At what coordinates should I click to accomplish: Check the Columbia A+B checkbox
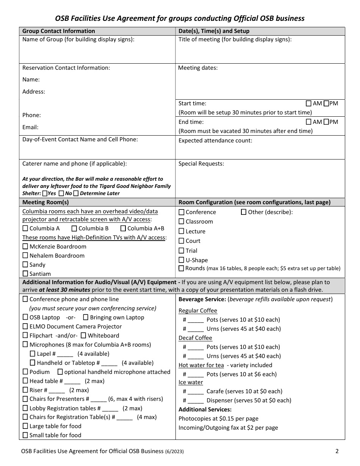tap(123, 228)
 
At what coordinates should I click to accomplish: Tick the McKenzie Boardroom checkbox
tap(25, 247)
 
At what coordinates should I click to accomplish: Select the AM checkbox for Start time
tap(308, 103)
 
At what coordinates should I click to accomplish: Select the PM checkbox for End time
tap(326, 122)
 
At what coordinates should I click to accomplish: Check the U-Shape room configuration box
tap(182, 260)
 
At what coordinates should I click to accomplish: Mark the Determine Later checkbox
tap(76, 193)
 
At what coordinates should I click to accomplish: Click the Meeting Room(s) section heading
tap(45, 202)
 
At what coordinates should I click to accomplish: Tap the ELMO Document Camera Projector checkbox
tap(25, 327)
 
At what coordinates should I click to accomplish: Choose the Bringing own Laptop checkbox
tap(86, 317)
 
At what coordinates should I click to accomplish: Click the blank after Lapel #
tap(65, 354)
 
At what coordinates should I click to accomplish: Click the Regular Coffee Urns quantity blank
tap(196, 329)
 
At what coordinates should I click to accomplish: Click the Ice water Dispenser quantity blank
tap(196, 401)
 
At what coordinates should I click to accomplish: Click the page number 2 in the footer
tap(337, 451)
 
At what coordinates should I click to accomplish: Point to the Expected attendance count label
tap(215, 141)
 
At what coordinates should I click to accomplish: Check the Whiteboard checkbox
tap(84, 336)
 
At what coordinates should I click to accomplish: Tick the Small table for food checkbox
tap(25, 435)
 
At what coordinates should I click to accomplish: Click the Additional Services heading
tap(205, 410)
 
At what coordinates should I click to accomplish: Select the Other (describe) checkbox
tap(244, 212)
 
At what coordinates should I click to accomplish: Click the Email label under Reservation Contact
tap(30, 127)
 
